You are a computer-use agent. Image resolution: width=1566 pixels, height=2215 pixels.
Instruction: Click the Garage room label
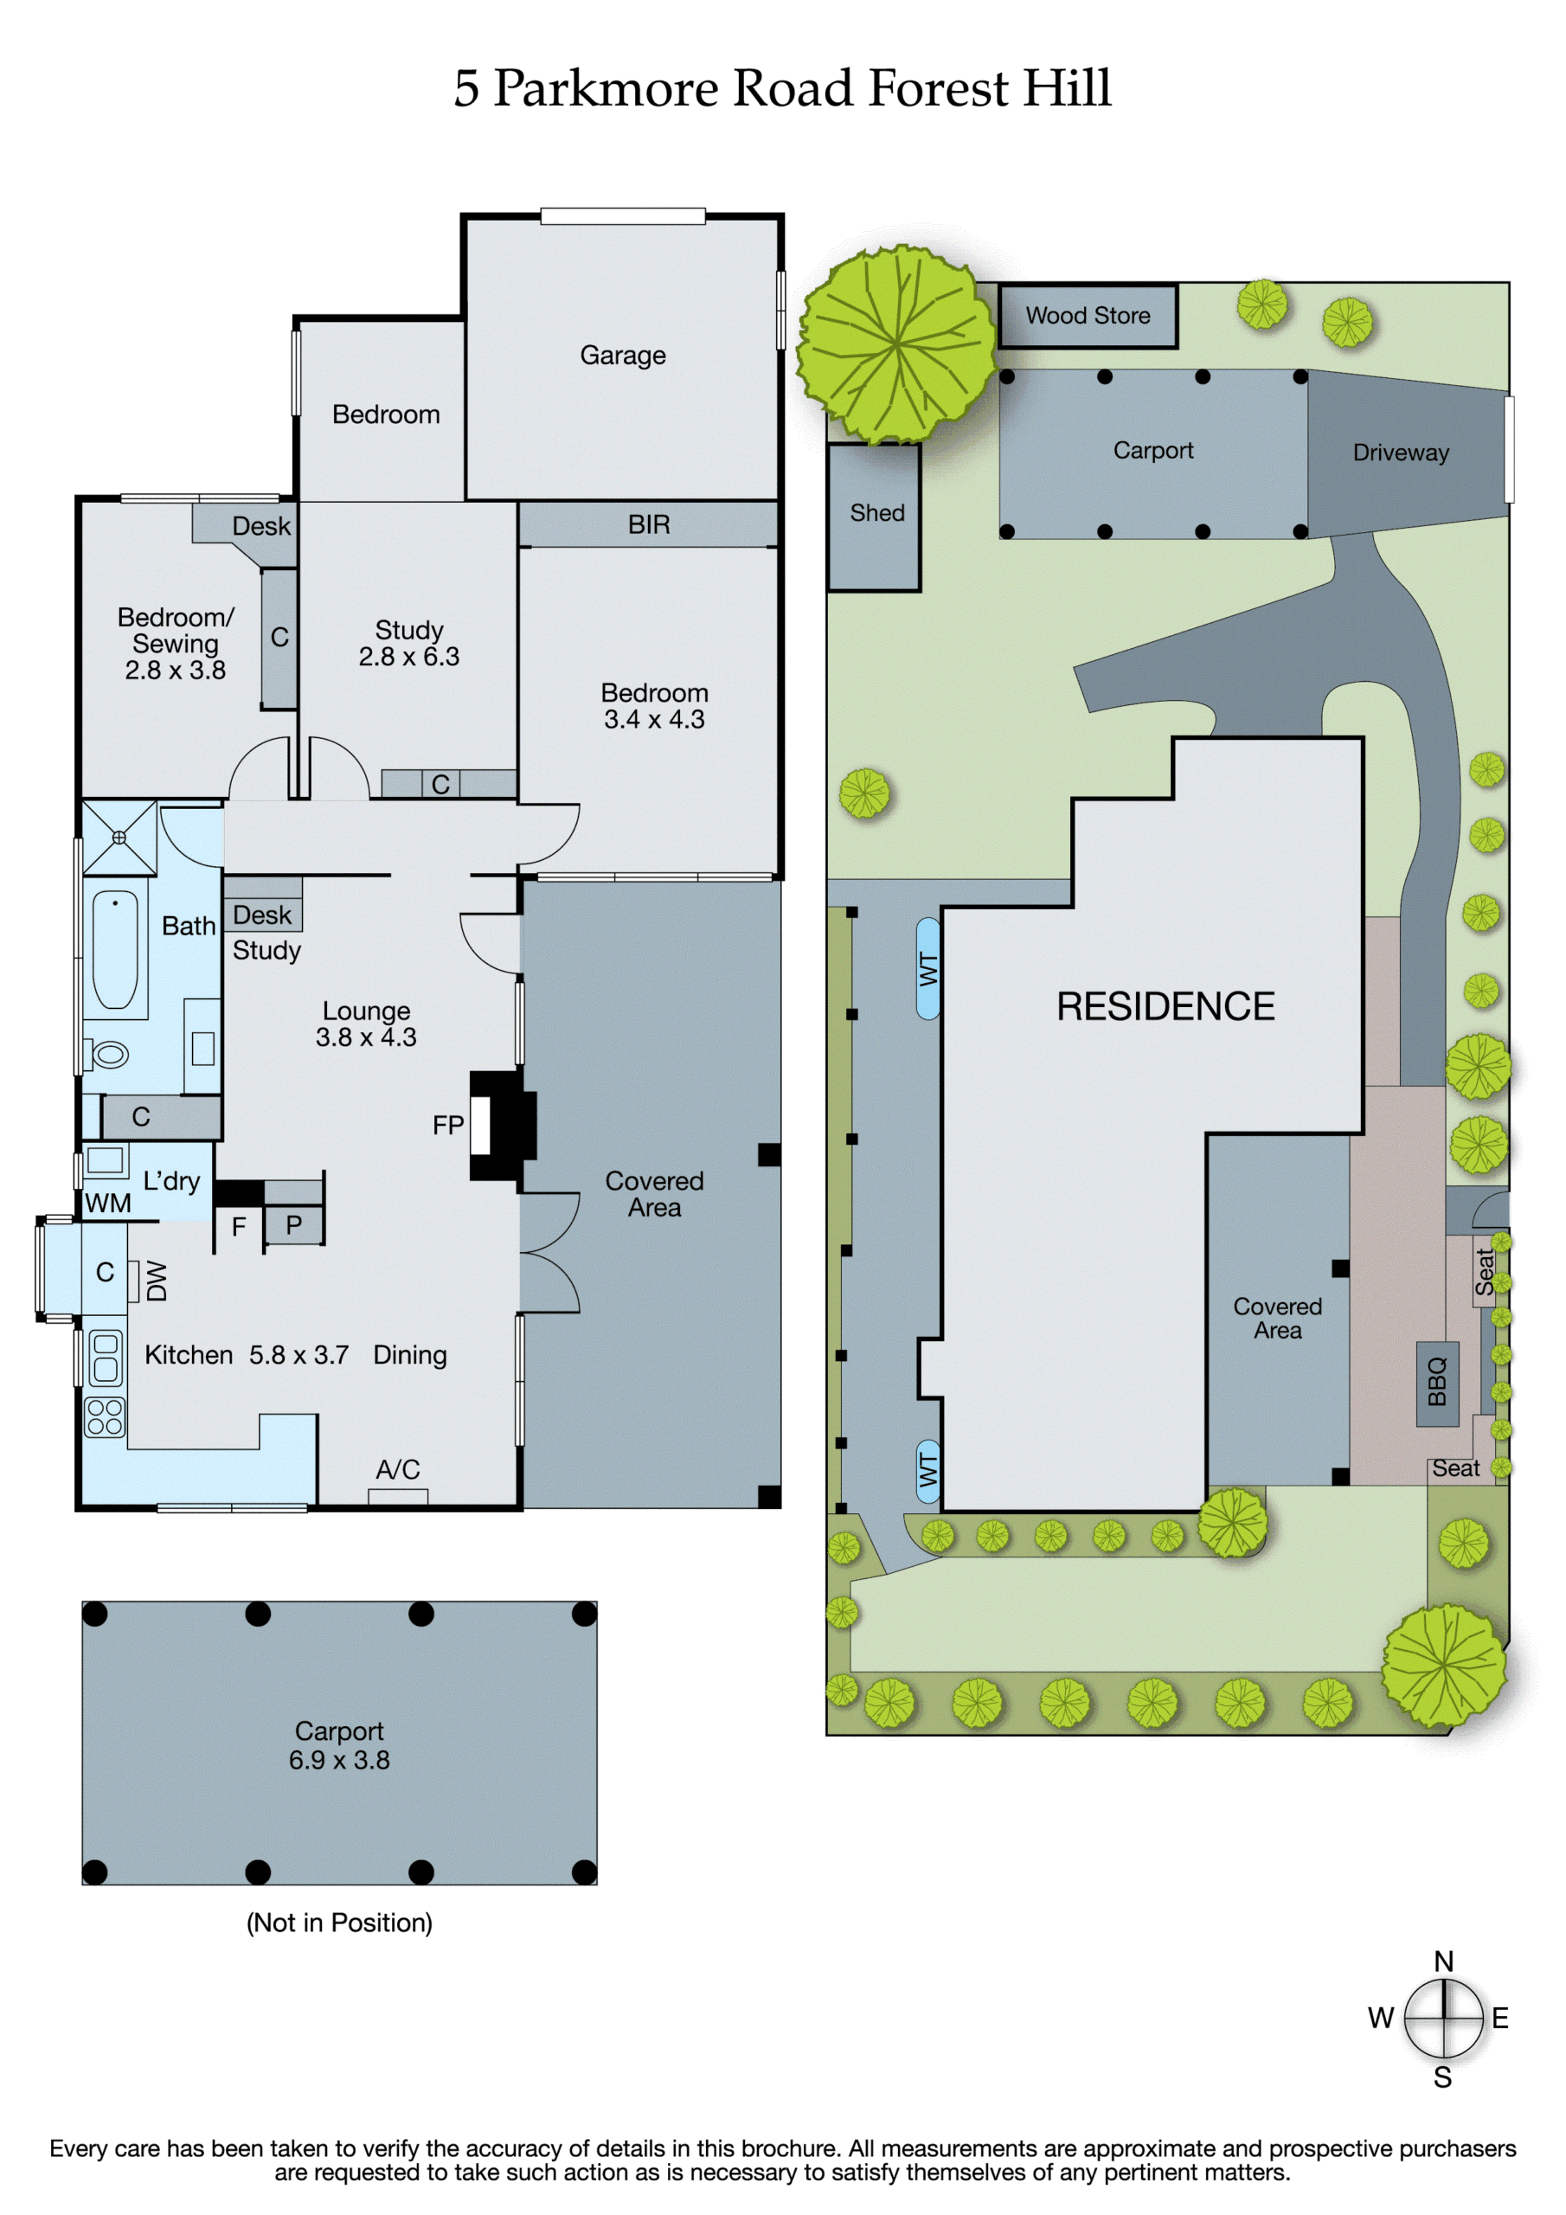[622, 356]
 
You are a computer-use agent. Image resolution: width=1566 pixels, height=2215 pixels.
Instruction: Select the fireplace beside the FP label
[502, 1125]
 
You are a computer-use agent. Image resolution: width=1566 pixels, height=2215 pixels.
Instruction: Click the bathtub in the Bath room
[115, 949]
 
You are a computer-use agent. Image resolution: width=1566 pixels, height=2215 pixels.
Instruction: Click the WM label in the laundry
[108, 1203]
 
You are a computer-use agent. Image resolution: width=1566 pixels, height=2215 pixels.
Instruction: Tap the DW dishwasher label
[157, 1281]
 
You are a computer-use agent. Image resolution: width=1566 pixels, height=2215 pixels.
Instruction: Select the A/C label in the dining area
[397, 1469]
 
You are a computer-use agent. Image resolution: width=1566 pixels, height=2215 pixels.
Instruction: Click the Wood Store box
[1088, 316]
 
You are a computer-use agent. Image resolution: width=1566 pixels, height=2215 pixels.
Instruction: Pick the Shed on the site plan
[874, 517]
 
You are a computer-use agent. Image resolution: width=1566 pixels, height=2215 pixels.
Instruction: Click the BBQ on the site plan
[1437, 1384]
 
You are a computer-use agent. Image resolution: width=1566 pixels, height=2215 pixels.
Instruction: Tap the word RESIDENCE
[1165, 1006]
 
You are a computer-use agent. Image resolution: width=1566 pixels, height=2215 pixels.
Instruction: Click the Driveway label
[1401, 453]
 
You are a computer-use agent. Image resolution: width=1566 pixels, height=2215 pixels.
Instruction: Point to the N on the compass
[1443, 1961]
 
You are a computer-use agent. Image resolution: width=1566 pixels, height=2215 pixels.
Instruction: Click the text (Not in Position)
[340, 1923]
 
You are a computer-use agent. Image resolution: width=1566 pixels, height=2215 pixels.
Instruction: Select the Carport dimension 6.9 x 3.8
[340, 1760]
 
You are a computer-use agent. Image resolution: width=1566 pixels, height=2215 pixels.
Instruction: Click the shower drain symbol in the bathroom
[119, 838]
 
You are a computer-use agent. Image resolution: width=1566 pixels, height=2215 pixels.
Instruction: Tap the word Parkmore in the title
[606, 89]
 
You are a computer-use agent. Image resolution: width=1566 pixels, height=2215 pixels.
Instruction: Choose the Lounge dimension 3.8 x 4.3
[366, 1037]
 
